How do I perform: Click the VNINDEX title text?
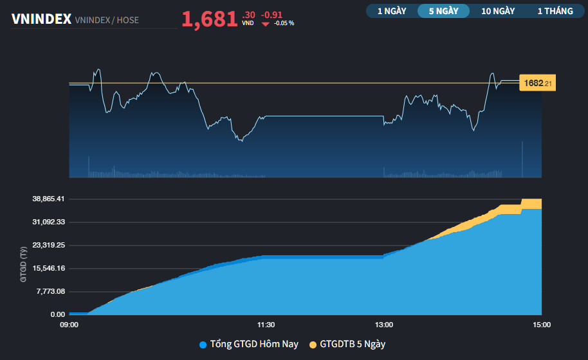[x=41, y=19]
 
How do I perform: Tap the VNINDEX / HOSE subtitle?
[x=107, y=20]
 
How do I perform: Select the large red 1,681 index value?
[x=210, y=19]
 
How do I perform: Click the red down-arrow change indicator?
[x=265, y=23]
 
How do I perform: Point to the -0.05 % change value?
[x=284, y=23]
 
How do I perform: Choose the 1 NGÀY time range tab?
[x=392, y=11]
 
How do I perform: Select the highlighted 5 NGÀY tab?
[x=443, y=11]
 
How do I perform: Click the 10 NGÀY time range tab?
[x=498, y=11]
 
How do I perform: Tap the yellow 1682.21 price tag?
[x=537, y=83]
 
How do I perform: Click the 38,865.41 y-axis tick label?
[x=49, y=199]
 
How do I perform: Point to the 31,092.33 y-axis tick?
[x=49, y=222]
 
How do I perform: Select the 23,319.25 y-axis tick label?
[x=49, y=245]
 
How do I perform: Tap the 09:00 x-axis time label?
[x=69, y=325]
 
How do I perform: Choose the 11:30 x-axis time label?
[x=266, y=325]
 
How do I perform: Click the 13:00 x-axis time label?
[x=384, y=325]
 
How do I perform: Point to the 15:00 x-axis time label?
[x=541, y=325]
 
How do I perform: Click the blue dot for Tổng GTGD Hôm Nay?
[x=203, y=345]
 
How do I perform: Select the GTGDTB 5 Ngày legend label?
[x=352, y=345]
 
